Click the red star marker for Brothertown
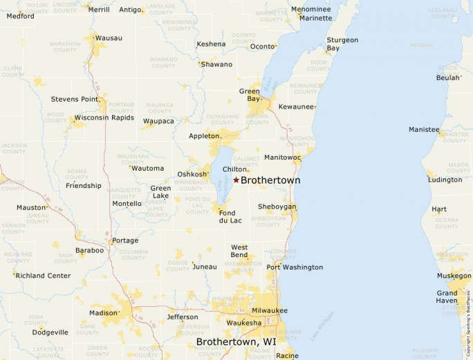click(236, 180)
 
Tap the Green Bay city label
click(249, 95)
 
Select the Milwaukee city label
click(269, 311)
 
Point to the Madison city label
click(103, 313)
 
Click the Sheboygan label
click(277, 207)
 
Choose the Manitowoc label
click(282, 158)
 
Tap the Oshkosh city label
click(192, 174)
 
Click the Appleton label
click(205, 136)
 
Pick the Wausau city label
click(109, 37)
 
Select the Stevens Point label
click(75, 99)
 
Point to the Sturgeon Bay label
click(342, 44)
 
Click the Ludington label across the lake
click(445, 180)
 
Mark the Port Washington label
click(295, 267)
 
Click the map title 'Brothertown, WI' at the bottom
click(236, 342)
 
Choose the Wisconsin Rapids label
click(104, 117)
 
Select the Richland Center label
click(43, 276)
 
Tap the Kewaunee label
click(296, 107)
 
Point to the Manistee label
click(424, 129)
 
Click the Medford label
click(20, 16)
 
